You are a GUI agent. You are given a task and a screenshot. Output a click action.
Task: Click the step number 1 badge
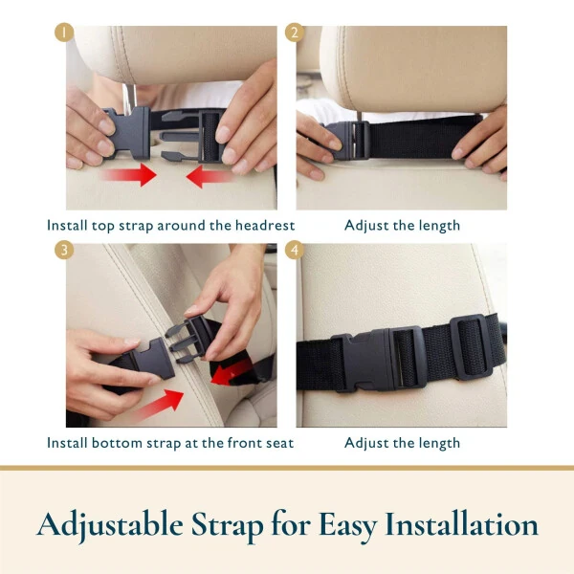point(65,31)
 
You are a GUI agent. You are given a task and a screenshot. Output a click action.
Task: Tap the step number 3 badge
point(65,249)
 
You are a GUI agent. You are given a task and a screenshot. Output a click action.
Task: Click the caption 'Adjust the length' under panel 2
point(402,226)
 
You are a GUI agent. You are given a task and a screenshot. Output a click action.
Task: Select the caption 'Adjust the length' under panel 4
point(402,443)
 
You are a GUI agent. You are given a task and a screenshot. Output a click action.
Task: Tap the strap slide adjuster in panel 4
point(472,349)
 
